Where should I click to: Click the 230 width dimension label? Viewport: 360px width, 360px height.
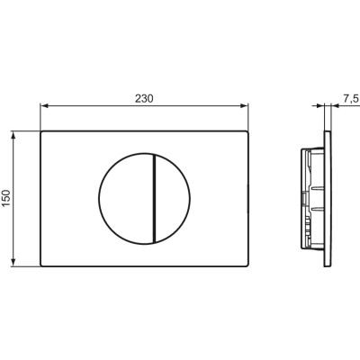144,99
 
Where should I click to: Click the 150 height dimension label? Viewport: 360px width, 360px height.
6,198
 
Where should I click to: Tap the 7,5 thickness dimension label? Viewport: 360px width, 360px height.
351,99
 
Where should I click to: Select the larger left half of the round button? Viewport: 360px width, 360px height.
126,198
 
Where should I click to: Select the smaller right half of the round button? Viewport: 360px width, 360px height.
173,198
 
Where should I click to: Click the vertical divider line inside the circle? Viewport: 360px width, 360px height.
154,198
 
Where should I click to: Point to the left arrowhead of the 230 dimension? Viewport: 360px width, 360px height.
44,105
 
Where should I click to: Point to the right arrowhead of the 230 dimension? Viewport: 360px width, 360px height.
245,105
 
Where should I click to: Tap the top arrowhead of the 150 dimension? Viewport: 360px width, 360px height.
13,135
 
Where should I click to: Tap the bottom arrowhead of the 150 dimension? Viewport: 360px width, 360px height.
13,262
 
